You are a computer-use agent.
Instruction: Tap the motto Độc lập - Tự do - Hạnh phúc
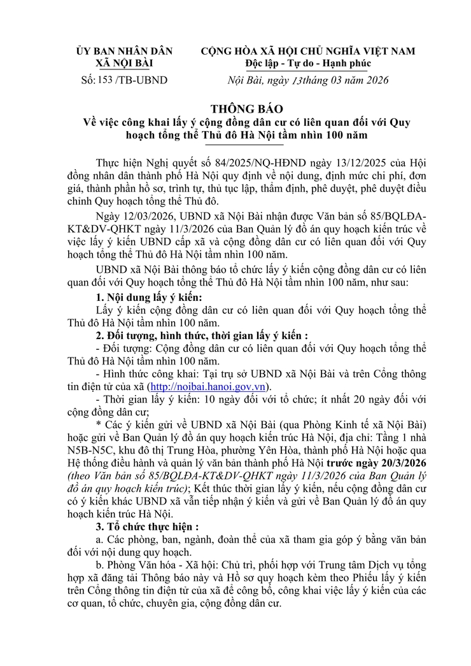pos(308,64)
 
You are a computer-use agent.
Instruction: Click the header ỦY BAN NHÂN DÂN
pos(124,51)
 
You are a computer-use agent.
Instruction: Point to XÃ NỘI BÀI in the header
pos(124,64)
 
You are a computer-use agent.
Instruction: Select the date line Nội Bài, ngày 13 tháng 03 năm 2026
pos(307,80)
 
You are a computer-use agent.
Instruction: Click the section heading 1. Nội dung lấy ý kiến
pos(148,297)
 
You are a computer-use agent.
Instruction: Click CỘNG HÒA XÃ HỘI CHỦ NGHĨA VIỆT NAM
pos(308,51)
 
